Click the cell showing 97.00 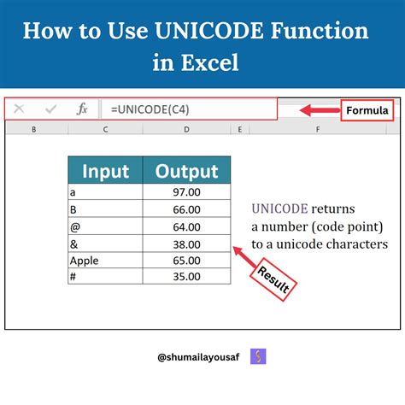click(186, 193)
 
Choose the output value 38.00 click(186, 244)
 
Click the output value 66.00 click(186, 210)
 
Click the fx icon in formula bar click(83, 109)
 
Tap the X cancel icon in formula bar click(20, 109)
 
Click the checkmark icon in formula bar click(51, 109)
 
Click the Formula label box click(367, 110)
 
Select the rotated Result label click(274, 279)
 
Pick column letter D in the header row click(185, 129)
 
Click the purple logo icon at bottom click(255, 355)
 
